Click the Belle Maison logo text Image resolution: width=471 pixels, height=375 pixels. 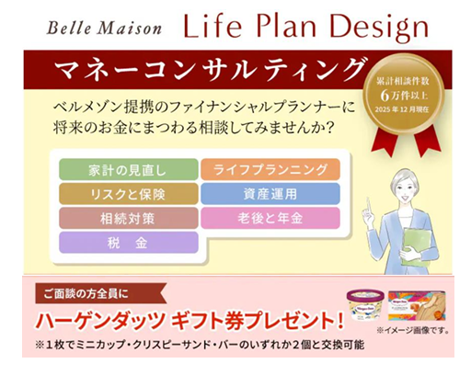(104, 28)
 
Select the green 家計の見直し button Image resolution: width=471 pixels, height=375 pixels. (129, 169)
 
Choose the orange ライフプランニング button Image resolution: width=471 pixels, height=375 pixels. (270, 169)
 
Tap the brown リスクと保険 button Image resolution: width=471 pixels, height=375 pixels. (129, 194)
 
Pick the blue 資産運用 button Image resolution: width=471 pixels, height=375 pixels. (270, 194)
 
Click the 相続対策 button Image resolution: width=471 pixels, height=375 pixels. (129, 218)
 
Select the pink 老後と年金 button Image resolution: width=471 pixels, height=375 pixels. (270, 218)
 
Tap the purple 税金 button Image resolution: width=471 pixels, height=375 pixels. (129, 243)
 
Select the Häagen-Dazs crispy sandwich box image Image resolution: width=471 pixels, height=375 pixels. (417, 305)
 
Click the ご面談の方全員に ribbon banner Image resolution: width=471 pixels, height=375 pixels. (101, 294)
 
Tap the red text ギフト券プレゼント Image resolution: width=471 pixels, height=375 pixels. (257, 321)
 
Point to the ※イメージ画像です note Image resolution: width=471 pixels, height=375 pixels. (413, 331)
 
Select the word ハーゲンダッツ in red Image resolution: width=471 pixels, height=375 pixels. (100, 321)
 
